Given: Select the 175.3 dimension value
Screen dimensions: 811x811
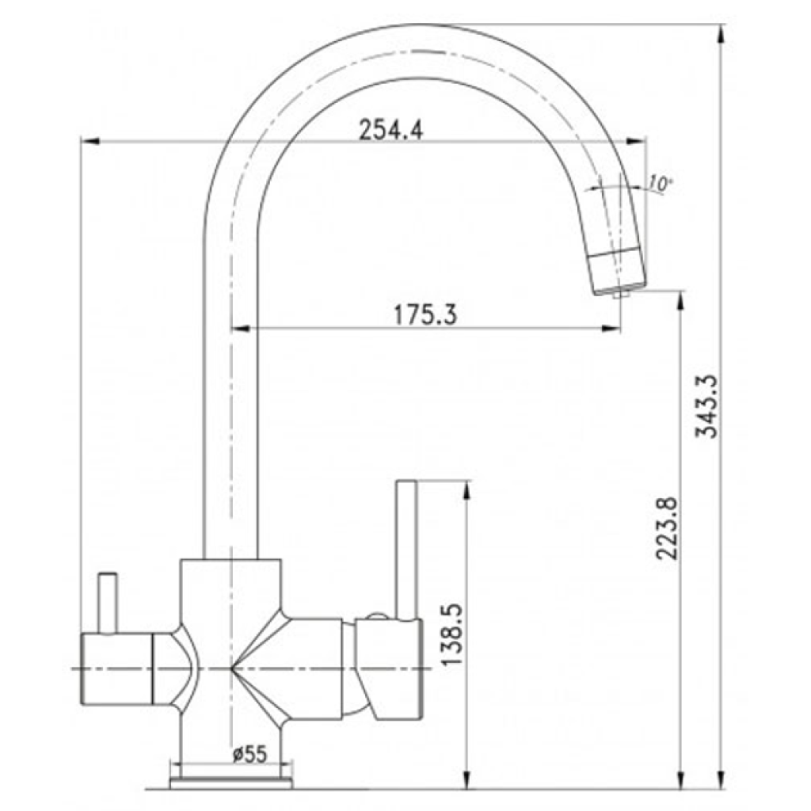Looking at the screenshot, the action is coord(425,314).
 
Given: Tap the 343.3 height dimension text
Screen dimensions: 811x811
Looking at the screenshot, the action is coord(706,406).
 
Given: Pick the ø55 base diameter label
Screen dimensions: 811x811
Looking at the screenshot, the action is coord(249,755).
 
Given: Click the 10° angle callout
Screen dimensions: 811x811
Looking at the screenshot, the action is coord(660,183).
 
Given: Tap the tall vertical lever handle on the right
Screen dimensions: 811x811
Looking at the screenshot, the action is coord(406,550).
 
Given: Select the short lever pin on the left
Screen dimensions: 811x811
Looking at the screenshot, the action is coord(108,603).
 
